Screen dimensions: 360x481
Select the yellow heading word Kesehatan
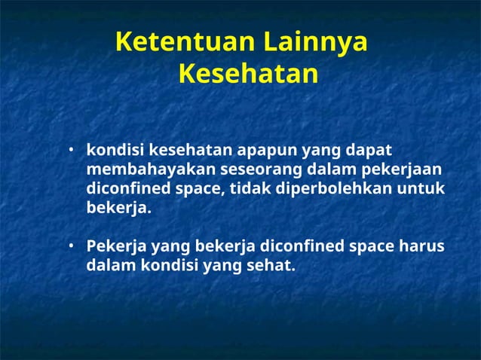point(248,75)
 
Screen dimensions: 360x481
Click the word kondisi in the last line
point(167,266)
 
